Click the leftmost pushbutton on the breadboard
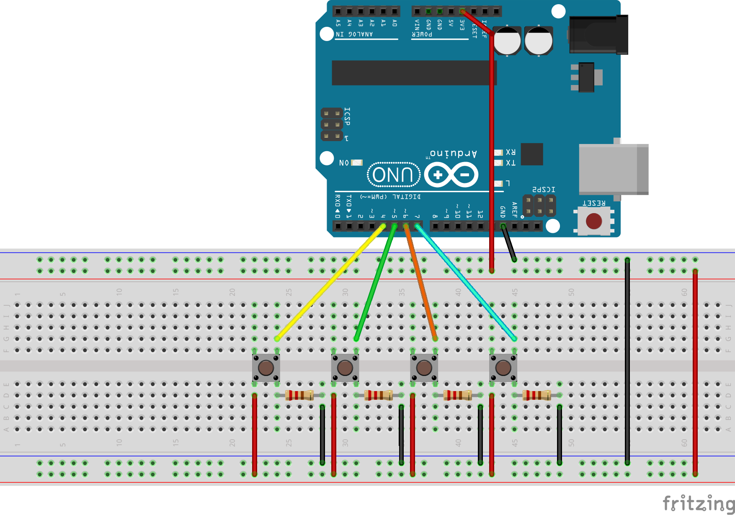click(x=266, y=368)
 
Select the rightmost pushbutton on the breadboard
click(x=503, y=368)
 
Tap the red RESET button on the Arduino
click(x=594, y=221)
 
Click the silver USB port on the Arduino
click(x=613, y=169)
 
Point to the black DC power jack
click(x=598, y=35)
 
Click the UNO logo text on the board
click(x=394, y=175)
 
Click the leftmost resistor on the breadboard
click(x=299, y=395)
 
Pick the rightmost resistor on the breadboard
click(x=536, y=395)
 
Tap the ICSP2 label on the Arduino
click(x=544, y=190)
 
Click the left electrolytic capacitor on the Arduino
click(x=507, y=41)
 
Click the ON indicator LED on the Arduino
click(x=357, y=162)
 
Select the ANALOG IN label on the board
click(x=354, y=34)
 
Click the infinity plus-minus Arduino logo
click(x=451, y=175)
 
